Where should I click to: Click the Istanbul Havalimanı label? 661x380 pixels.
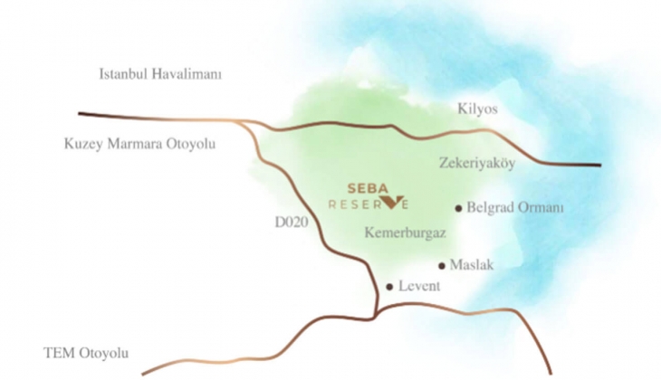160,74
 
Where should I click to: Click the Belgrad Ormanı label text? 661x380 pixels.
515,207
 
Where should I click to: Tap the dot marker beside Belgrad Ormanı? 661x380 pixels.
459,207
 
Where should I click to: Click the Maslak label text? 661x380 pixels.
473,265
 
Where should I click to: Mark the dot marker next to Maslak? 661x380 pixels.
442,266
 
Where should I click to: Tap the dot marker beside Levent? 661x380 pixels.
389,287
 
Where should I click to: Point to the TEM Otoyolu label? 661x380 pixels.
88,352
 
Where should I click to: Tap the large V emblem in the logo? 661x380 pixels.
393,201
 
